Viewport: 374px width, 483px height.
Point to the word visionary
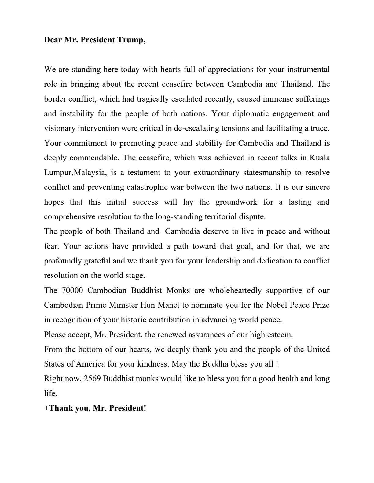tap(60, 128)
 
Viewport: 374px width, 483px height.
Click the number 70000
tap(72, 290)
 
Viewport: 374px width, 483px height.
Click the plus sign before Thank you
tap(46, 408)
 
